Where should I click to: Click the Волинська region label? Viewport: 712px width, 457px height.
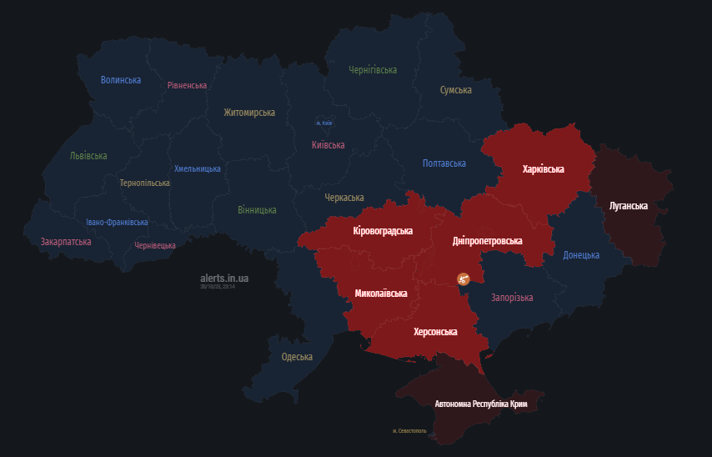click(x=121, y=80)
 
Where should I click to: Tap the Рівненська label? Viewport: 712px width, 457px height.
click(x=187, y=85)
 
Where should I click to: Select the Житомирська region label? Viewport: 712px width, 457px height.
click(x=249, y=112)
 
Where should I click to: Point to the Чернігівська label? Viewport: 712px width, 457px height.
click(x=373, y=70)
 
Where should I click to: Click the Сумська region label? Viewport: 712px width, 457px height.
click(x=456, y=89)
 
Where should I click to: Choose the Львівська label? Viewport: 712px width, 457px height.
click(x=88, y=156)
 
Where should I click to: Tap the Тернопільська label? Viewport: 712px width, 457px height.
click(x=144, y=183)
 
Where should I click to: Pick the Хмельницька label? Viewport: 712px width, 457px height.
click(x=198, y=168)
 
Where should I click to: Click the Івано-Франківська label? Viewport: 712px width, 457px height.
click(x=117, y=222)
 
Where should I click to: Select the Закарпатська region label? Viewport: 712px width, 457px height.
click(x=66, y=242)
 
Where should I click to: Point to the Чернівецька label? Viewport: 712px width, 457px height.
click(x=155, y=245)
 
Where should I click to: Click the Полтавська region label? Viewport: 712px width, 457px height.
click(x=444, y=163)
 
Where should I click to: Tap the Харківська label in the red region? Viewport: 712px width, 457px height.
click(x=543, y=169)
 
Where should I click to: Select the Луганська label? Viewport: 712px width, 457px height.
click(x=629, y=205)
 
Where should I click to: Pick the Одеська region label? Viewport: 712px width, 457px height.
click(x=297, y=357)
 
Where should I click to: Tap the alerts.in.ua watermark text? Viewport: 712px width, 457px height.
click(x=224, y=278)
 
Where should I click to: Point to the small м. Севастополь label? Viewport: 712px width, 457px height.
click(x=409, y=431)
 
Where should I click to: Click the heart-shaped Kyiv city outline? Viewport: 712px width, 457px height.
click(x=325, y=122)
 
